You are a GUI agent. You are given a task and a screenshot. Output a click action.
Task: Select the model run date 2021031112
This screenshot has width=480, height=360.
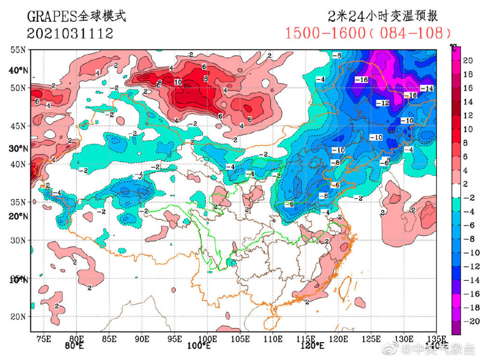coord(70,33)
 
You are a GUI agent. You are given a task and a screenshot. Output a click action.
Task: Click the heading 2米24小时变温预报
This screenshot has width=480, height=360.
coord(383,16)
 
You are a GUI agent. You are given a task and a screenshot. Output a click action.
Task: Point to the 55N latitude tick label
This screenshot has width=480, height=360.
coord(19,50)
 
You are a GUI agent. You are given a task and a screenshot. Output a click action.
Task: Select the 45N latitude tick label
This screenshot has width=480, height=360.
coord(19,126)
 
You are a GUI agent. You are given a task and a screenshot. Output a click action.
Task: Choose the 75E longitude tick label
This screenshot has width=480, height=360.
coord(44,338)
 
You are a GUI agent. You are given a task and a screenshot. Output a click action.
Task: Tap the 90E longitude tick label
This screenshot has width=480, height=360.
coord(142,338)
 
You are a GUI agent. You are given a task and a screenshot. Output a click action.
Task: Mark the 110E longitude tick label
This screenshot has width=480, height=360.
coord(273,338)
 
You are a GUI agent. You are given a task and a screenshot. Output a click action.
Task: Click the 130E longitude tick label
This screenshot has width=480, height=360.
coord(404,338)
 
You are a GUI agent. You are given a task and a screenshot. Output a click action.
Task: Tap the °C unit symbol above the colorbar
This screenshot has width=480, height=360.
coord(453,47)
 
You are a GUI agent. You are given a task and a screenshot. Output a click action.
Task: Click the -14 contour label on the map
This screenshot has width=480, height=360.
coord(426,88)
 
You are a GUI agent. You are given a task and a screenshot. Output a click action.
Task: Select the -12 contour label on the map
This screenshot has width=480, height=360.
coord(382,103)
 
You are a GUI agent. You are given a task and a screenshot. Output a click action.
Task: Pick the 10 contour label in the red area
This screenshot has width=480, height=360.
coord(178,82)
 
